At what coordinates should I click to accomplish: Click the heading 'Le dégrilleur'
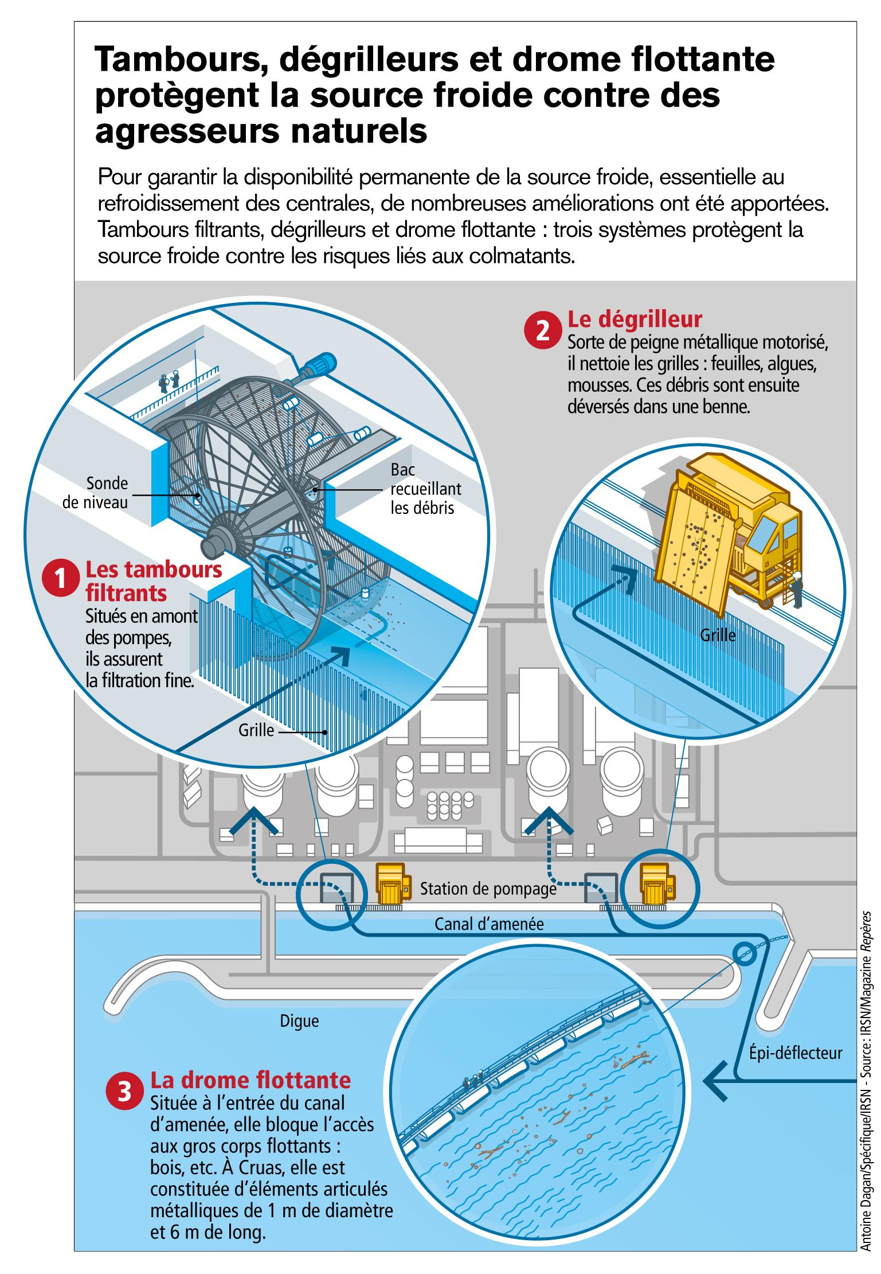tap(634, 319)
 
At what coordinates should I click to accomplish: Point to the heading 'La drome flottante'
tap(250, 1080)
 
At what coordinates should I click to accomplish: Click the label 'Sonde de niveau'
tap(103, 493)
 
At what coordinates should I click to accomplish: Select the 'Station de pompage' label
tap(488, 889)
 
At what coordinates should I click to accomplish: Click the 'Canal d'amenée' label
tap(488, 924)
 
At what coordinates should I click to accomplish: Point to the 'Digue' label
tap(299, 1020)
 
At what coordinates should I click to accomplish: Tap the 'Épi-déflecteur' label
tap(796, 1053)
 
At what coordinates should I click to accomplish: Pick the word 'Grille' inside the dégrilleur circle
tap(717, 635)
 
